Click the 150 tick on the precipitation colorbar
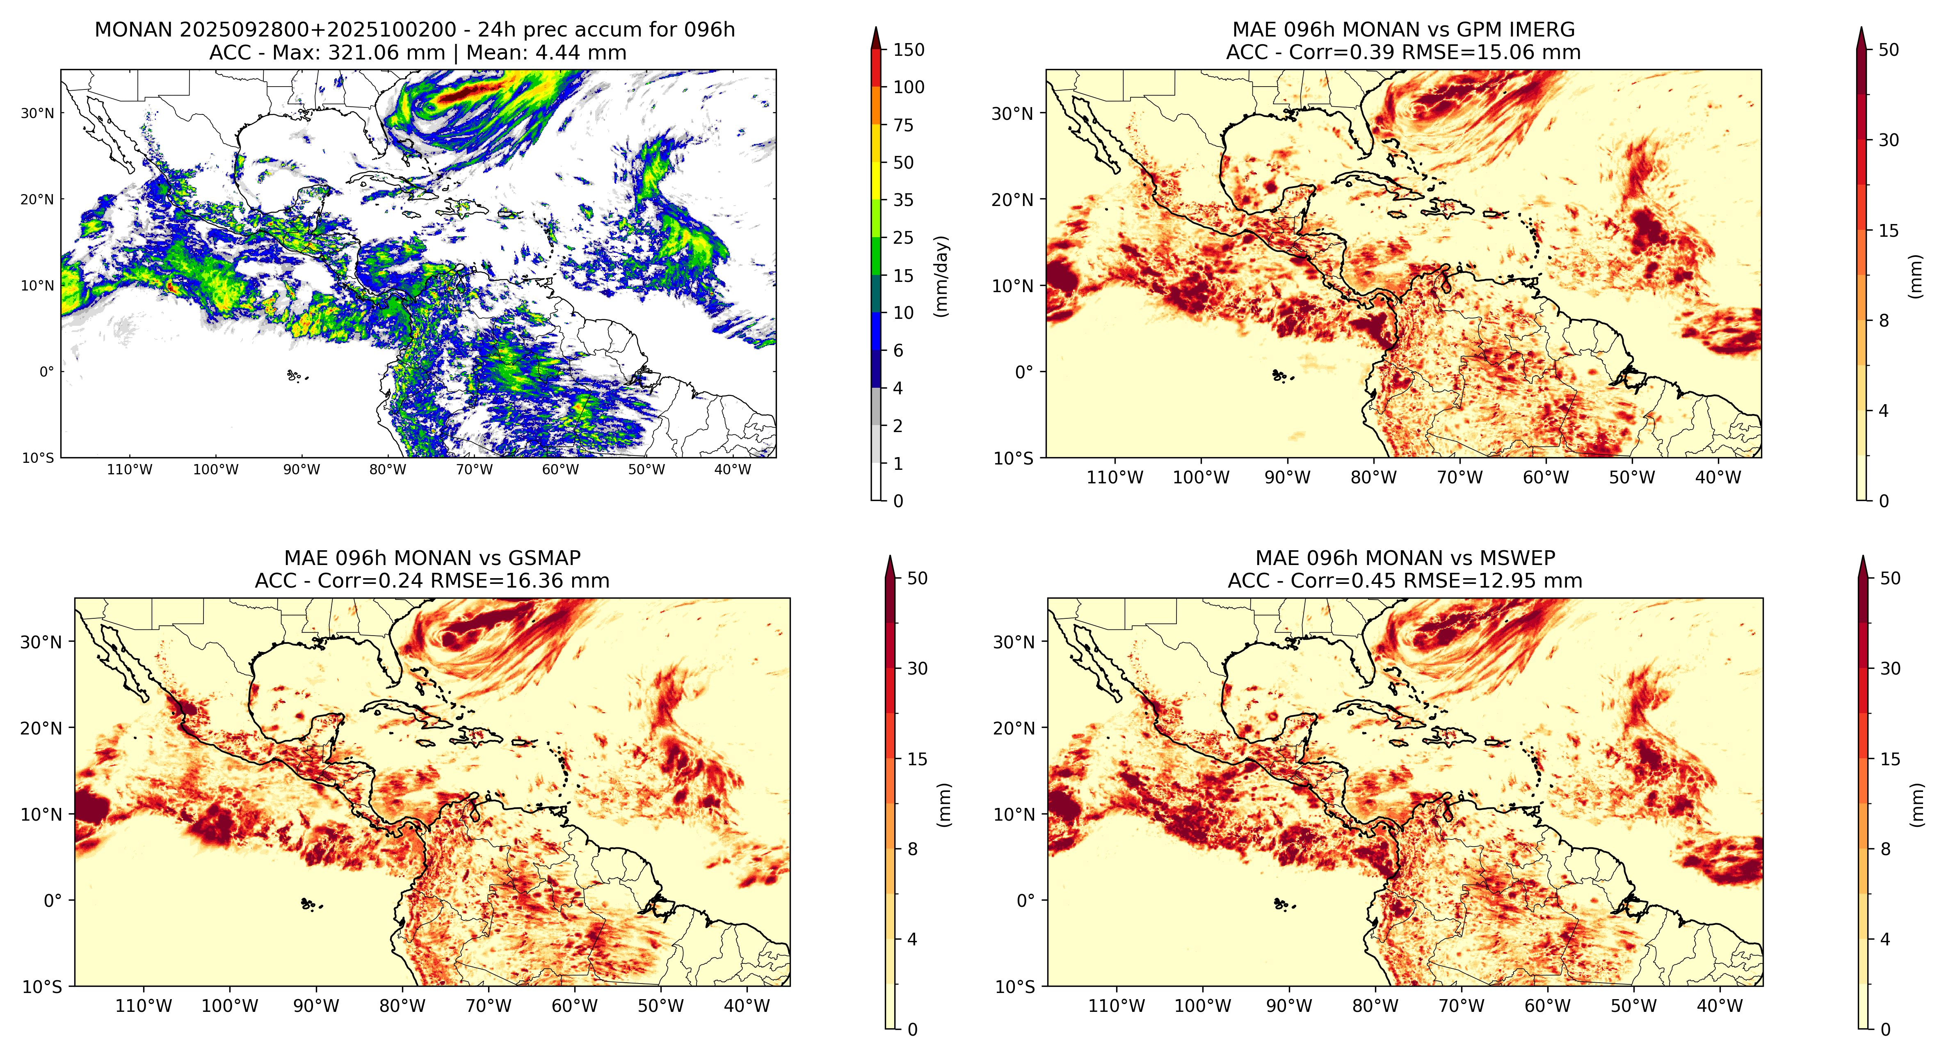click(909, 50)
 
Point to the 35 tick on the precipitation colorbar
click(904, 200)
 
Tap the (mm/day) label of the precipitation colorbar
click(941, 276)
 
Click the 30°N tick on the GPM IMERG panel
click(1012, 113)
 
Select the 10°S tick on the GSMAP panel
click(41, 987)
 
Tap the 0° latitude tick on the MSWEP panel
click(1025, 901)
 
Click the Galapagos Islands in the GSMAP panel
click(308, 904)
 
